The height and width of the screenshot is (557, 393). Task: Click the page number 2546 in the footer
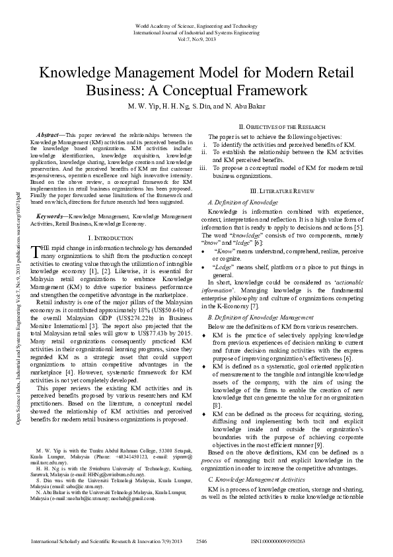202,540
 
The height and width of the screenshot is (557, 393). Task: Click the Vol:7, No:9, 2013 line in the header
196,38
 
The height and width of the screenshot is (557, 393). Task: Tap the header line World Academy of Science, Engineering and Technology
196,25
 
